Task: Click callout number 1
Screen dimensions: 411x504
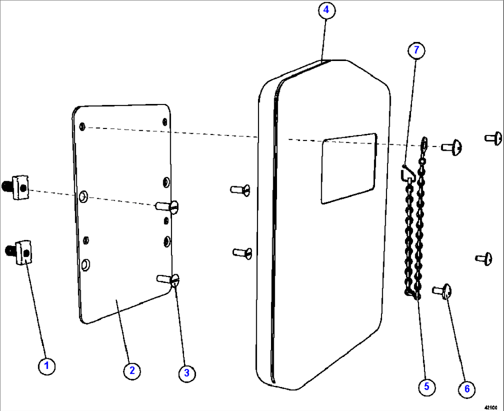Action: [x=46, y=367]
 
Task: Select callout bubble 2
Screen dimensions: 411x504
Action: [x=132, y=370]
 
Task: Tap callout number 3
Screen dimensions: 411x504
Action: [x=186, y=374]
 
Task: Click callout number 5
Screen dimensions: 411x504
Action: [x=426, y=386]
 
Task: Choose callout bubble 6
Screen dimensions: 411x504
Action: [x=467, y=389]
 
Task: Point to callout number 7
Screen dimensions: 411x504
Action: [x=416, y=49]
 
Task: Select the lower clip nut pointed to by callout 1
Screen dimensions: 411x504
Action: [x=21, y=252]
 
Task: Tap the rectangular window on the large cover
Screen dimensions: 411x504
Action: [x=349, y=168]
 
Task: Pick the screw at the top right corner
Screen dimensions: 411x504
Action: [x=494, y=138]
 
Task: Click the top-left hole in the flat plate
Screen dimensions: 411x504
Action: [x=82, y=126]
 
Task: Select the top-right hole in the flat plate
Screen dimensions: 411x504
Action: [x=165, y=122]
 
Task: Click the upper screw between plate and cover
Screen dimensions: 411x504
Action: [x=240, y=189]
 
